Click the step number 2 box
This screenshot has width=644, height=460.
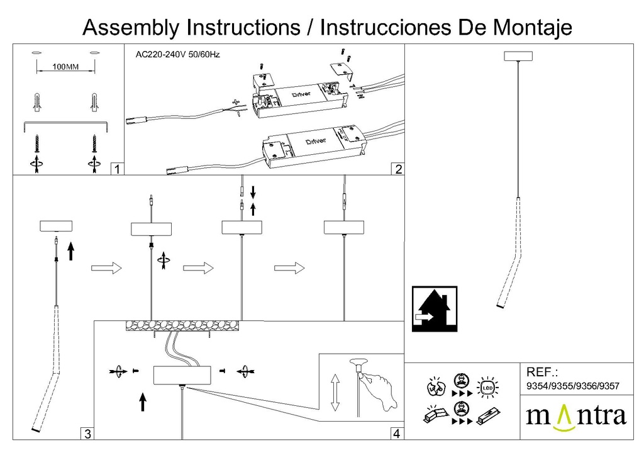397,169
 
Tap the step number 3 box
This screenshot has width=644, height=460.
87,434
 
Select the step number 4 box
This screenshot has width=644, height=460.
396,434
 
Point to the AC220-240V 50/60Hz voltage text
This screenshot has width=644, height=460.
177,55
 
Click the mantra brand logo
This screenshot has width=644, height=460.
575,417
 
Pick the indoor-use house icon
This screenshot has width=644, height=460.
434,308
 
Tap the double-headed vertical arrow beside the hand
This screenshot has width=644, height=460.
335,392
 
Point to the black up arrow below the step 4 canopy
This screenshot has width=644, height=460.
143,401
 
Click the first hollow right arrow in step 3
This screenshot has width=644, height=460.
106,268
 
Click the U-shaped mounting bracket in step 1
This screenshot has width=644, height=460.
66,124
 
